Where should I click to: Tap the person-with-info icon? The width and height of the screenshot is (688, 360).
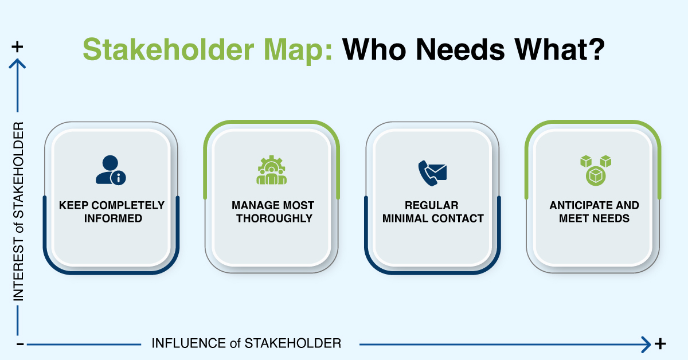click(111, 170)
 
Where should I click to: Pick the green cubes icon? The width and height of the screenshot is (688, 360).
click(594, 170)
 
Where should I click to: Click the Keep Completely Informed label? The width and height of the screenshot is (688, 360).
click(111, 212)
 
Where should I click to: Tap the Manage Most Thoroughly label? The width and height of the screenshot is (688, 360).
click(272, 212)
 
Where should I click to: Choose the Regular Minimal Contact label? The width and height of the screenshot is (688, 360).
click(433, 212)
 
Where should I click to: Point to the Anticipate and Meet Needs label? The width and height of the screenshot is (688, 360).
click(594, 212)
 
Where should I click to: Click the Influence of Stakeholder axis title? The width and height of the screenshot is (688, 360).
click(246, 343)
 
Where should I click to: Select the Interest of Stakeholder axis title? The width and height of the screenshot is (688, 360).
click(18, 211)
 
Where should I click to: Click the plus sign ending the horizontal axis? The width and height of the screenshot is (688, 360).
click(660, 344)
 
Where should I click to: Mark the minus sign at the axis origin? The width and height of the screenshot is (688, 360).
click(19, 344)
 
